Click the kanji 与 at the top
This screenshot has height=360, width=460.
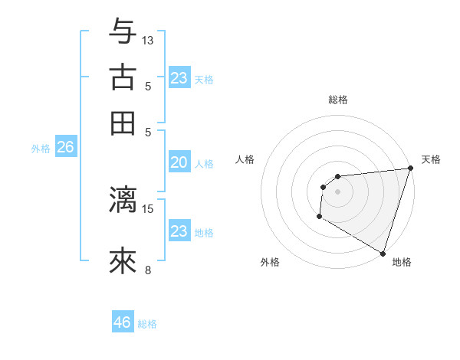click(x=123, y=31)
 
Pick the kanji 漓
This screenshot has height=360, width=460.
click(x=123, y=199)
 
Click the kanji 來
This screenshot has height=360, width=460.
click(x=123, y=261)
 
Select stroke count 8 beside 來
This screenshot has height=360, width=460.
click(x=148, y=269)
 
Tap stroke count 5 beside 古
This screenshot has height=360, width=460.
click(x=148, y=86)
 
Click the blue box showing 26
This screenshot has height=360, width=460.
click(x=65, y=147)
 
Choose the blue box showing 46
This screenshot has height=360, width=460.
click(x=123, y=322)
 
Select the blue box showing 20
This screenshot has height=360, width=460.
click(x=179, y=162)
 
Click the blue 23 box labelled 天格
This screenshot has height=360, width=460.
click(x=179, y=78)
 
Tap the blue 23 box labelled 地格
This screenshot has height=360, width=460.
click(x=179, y=231)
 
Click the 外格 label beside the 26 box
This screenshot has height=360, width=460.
click(x=41, y=149)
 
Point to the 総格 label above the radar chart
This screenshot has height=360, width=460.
click(x=338, y=100)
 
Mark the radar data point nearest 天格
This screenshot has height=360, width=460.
click(x=410, y=169)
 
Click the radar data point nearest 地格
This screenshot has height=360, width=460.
click(x=383, y=253)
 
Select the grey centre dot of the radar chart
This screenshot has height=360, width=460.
click(x=337, y=191)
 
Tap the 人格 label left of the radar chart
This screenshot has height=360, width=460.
click(x=245, y=159)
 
